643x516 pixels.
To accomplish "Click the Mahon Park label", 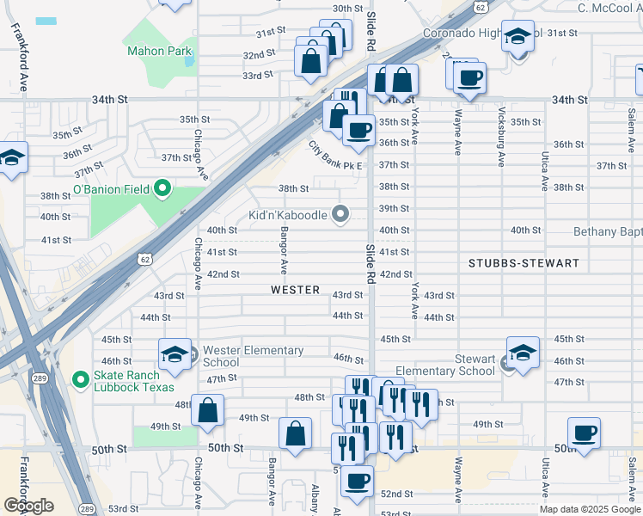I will pyautogui.click(x=159, y=51).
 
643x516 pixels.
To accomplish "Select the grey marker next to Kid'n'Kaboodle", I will pyautogui.click(x=341, y=214).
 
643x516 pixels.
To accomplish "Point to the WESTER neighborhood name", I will pyautogui.click(x=295, y=290).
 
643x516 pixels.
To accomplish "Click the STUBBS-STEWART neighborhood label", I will pyautogui.click(x=524, y=261).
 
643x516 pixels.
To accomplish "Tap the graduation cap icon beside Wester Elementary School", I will pyautogui.click(x=175, y=354).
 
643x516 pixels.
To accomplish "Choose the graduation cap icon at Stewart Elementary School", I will pyautogui.click(x=522, y=353).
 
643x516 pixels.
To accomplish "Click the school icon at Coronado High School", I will pyautogui.click(x=517, y=37).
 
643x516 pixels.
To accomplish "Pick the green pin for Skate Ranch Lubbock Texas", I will pyautogui.click(x=80, y=378).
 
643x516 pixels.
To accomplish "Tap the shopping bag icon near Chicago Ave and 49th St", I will pyautogui.click(x=207, y=410).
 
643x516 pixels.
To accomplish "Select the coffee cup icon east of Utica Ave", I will pyautogui.click(x=584, y=433).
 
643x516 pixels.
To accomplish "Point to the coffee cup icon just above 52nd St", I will pyautogui.click(x=357, y=481).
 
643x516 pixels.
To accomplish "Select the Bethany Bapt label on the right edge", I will pyautogui.click(x=607, y=231).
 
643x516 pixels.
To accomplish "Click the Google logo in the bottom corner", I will pyautogui.click(x=28, y=506).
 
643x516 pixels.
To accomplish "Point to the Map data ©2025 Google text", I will pyautogui.click(x=589, y=509).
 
